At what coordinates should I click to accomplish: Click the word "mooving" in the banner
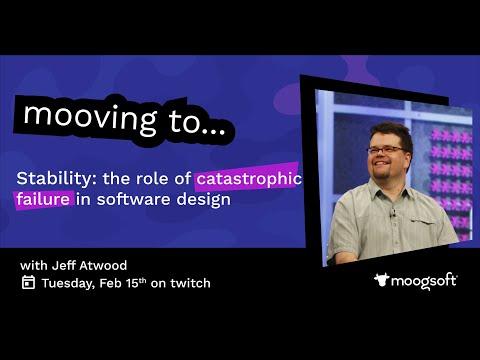pos(90,118)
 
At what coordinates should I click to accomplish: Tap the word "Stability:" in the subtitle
pos(54,179)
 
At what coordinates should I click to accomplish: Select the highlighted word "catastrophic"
pos(249,179)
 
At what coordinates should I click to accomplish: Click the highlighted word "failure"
pos(43,199)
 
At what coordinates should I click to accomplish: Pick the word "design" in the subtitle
pos(203,200)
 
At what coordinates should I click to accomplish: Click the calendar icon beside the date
pos(28,282)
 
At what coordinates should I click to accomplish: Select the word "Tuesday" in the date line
pos(67,283)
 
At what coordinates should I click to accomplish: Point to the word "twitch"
pos(190,283)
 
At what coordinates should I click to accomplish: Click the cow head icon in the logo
pos(382,279)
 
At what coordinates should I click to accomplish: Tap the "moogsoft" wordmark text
pos(424,282)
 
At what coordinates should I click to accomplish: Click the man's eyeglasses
pos(387,150)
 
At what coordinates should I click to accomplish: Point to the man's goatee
pos(381,173)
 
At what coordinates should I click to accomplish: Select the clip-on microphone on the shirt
pos(393,212)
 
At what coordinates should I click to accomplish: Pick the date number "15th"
pos(136,283)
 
